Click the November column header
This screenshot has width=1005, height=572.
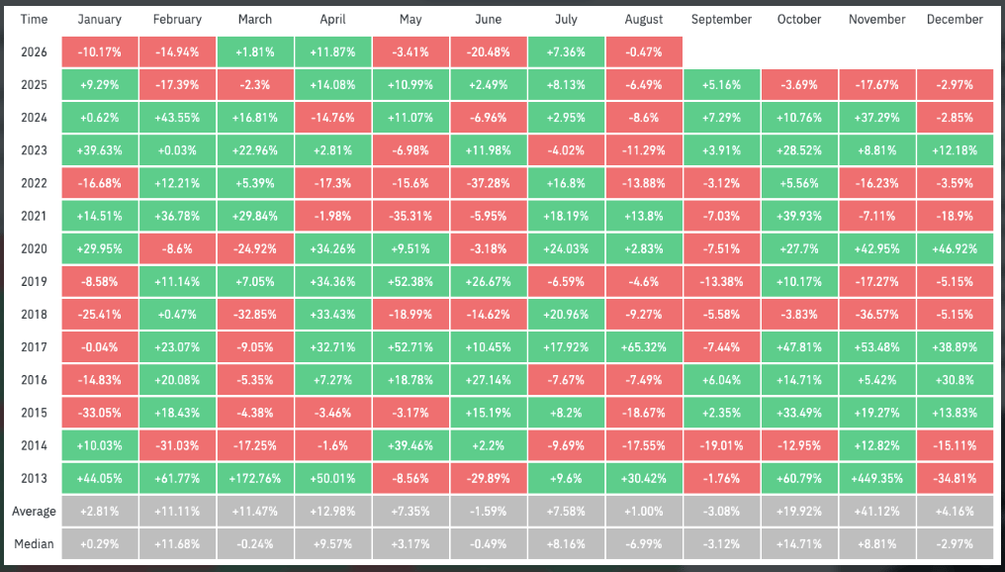tap(876, 19)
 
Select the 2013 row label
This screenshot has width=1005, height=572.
tap(34, 478)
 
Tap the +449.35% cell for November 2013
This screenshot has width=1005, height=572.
tap(876, 478)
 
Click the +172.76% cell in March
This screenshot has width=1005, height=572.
tap(255, 478)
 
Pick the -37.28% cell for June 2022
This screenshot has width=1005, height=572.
tap(489, 183)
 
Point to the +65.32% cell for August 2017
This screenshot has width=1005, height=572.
tap(644, 347)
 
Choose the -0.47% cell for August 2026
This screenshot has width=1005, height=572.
tap(644, 51)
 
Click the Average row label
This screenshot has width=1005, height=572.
tap(34, 511)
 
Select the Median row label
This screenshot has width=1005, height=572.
tap(34, 543)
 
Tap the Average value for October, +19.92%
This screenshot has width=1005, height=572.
tap(799, 511)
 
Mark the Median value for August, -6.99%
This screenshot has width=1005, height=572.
tap(644, 543)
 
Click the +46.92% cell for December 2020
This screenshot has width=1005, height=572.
tap(955, 248)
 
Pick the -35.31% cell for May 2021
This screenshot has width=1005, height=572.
tap(411, 216)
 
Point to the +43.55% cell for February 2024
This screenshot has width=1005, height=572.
tap(177, 118)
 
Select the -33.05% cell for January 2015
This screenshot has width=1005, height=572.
tap(99, 413)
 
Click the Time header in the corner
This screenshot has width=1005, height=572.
tap(34, 19)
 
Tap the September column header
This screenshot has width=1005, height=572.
tap(722, 19)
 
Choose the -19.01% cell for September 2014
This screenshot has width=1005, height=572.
tap(722, 445)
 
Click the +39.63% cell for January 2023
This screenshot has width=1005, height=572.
tap(99, 150)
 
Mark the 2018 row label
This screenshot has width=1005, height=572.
tap(34, 315)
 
